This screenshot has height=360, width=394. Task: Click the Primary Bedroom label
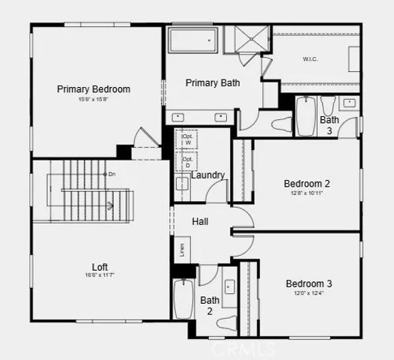(x=94, y=89)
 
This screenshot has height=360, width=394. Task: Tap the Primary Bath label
(x=213, y=82)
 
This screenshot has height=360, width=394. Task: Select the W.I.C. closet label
(x=311, y=58)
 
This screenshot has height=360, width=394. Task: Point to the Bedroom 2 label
(x=307, y=183)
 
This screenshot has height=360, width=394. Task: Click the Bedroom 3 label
(x=309, y=283)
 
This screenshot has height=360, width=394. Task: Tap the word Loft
(x=100, y=266)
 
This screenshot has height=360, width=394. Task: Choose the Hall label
(x=200, y=222)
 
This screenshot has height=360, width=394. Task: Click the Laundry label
(x=207, y=175)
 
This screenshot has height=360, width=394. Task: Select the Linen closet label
(x=181, y=248)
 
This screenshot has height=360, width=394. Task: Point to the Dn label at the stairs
(x=112, y=174)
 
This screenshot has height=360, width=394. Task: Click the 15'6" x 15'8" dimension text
(x=94, y=100)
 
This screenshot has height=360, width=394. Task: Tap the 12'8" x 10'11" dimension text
(x=307, y=193)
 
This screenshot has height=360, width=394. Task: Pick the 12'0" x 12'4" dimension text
(x=309, y=293)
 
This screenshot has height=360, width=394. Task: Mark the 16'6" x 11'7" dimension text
(x=100, y=276)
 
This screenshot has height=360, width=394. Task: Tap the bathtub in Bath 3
(x=306, y=116)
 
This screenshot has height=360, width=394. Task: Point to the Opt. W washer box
(x=187, y=139)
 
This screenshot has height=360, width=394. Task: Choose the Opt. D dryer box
(x=187, y=161)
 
